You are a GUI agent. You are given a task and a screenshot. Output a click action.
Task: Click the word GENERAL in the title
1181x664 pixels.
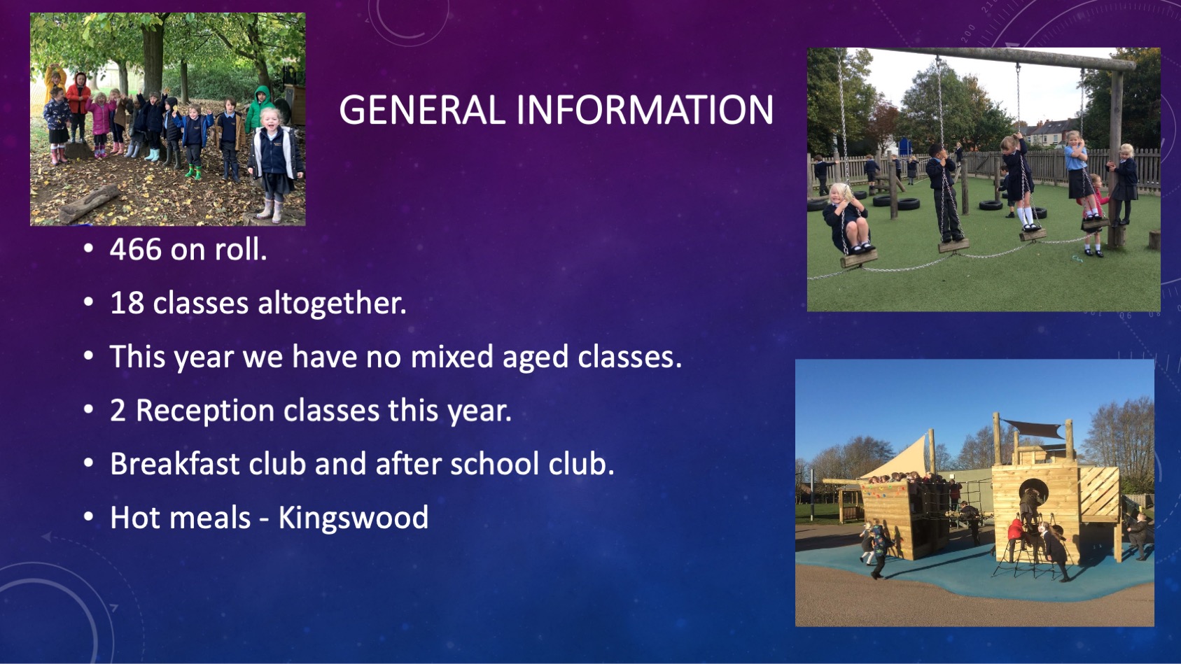click(423, 110)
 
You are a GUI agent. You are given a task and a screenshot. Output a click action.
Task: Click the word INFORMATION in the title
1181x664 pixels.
click(645, 110)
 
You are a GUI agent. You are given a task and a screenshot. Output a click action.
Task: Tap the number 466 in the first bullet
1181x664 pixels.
click(136, 249)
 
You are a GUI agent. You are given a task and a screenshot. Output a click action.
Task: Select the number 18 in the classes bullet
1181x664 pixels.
click(127, 303)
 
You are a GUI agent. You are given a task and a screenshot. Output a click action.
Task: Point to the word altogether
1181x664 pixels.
click(332, 303)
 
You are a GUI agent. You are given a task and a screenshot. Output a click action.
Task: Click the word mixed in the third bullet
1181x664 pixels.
click(452, 356)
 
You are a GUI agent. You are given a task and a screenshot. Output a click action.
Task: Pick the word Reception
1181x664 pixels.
click(205, 411)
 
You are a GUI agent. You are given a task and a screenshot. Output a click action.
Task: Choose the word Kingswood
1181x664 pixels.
click(354, 518)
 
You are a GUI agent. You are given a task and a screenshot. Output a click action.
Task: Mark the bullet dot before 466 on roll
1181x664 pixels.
click(89, 249)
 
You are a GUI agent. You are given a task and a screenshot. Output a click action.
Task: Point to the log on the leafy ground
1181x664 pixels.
click(89, 204)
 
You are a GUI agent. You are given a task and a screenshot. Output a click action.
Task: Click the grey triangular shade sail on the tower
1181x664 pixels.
click(1033, 428)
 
